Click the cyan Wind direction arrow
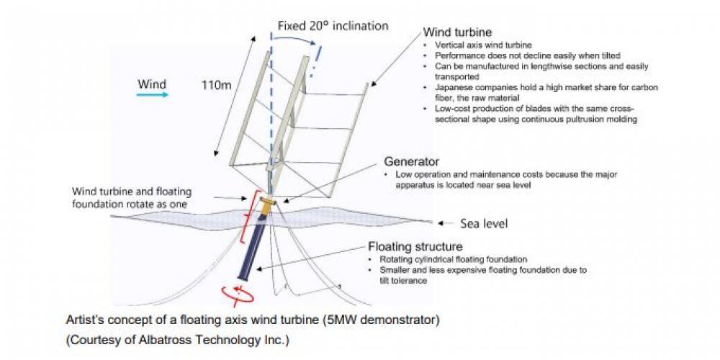pos(152,94)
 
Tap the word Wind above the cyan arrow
pos(152,83)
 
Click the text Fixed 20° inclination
pos(333,26)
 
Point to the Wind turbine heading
pos(457,32)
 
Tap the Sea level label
pos(484,224)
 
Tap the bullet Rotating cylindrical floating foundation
pos(446,259)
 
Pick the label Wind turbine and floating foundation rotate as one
pos(131,198)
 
